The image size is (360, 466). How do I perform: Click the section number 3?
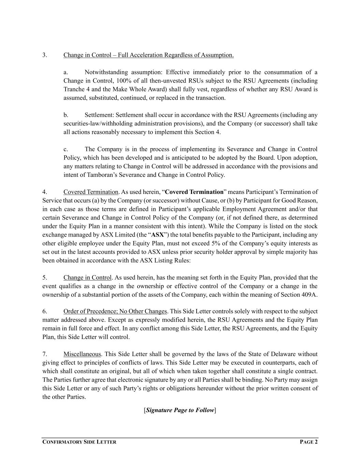pyautogui.click(x=45, y=55)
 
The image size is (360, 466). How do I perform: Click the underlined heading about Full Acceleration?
pyautogui.click(x=148, y=55)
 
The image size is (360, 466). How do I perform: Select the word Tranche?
pyautogui.click(x=74, y=89)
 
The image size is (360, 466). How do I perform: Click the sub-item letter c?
pyautogui.click(x=66, y=149)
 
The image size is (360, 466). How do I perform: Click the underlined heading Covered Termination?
pyautogui.click(x=91, y=192)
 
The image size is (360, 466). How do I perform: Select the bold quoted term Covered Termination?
pyautogui.click(x=194, y=192)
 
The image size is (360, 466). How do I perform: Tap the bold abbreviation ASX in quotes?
pyautogui.click(x=157, y=235)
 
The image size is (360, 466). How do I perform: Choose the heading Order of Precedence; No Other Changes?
pyautogui.click(x=115, y=311)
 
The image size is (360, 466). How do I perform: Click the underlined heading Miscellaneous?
pyautogui.click(x=82, y=354)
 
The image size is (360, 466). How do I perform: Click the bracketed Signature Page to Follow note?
pyautogui.click(x=180, y=410)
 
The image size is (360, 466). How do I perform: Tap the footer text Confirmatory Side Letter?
pyautogui.click(x=79, y=442)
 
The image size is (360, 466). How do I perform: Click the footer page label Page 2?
pyautogui.click(x=308, y=442)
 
